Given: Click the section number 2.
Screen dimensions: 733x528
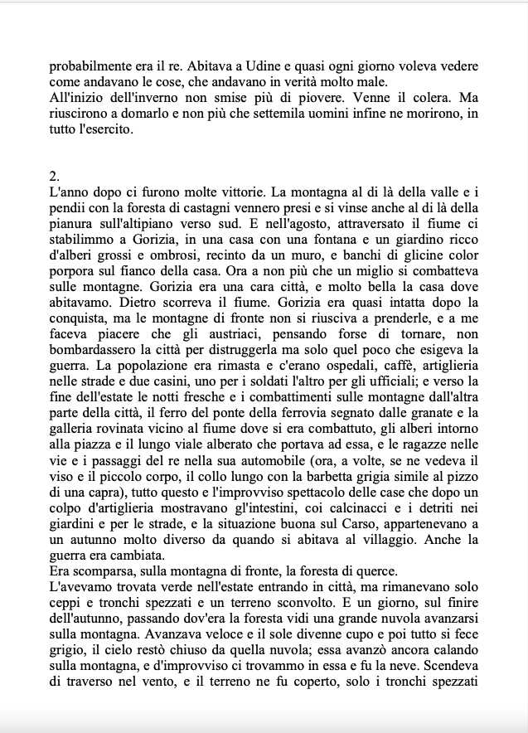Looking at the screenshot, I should pos(54,176).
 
